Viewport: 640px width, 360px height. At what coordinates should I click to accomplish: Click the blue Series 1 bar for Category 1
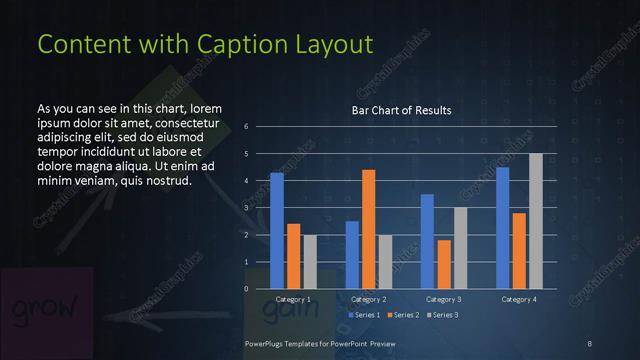point(277,231)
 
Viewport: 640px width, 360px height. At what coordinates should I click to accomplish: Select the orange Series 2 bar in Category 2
point(368,229)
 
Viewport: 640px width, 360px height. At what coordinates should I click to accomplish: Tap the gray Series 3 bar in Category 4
point(535,221)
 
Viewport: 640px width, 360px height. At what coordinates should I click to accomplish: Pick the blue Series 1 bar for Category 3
point(427,241)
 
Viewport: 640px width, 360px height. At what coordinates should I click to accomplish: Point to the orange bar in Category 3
point(443,264)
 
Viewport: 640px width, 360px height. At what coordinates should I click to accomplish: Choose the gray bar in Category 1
point(309,262)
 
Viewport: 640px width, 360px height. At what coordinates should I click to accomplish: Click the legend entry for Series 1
point(366,315)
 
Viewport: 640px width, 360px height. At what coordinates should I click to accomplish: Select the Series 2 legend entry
point(402,315)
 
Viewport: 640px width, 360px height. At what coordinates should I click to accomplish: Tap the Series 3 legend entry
point(442,315)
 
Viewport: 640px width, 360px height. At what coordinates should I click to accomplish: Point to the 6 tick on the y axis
point(246,127)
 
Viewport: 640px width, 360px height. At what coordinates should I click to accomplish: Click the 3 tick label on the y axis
point(246,208)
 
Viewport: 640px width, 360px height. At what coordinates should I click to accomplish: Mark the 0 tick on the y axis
point(246,289)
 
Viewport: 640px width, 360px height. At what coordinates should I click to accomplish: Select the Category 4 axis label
point(518,299)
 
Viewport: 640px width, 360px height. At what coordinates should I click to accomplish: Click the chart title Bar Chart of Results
point(401,110)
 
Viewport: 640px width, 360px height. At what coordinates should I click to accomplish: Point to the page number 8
point(589,343)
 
